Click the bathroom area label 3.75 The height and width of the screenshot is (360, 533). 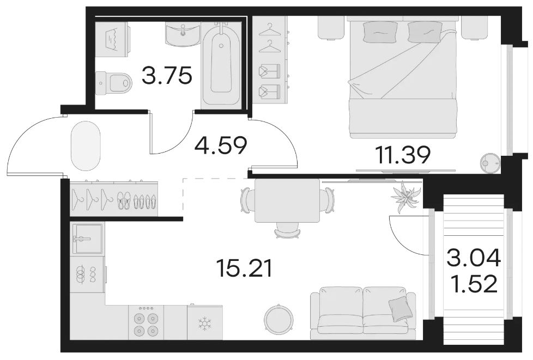[x=167, y=75]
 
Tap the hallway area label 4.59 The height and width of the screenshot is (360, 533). [x=221, y=145]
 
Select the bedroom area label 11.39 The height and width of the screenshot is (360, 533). [x=403, y=155]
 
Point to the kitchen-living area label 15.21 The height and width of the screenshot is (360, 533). [x=244, y=269]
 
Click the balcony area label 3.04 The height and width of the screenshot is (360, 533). [x=474, y=258]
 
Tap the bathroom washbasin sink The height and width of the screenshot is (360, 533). [x=183, y=34]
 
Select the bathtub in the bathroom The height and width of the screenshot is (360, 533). [x=221, y=64]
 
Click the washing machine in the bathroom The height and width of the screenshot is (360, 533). [x=112, y=39]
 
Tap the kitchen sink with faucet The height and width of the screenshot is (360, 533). [x=87, y=239]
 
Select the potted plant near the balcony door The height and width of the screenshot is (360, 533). [x=405, y=198]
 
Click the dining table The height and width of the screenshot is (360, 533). [x=287, y=200]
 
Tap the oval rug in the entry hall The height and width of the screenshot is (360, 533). [x=86, y=146]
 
